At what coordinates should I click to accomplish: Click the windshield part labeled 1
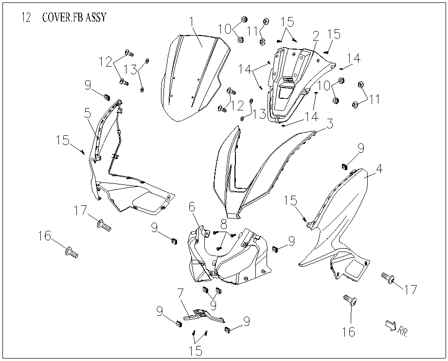pyautogui.click(x=192, y=78)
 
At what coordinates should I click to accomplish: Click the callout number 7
pyautogui.click(x=180, y=293)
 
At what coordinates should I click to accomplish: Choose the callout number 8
pyautogui.click(x=223, y=225)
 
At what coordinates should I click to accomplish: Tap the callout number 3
pyautogui.click(x=329, y=125)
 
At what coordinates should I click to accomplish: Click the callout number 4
pyautogui.click(x=379, y=170)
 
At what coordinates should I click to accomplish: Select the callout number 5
pyautogui.click(x=87, y=113)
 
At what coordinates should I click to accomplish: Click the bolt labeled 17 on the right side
pyautogui.click(x=388, y=278)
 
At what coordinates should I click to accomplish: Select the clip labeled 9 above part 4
pyautogui.click(x=345, y=166)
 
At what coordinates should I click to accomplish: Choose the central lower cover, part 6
pyautogui.click(x=229, y=258)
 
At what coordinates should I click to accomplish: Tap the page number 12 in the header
pyautogui.click(x=26, y=18)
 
